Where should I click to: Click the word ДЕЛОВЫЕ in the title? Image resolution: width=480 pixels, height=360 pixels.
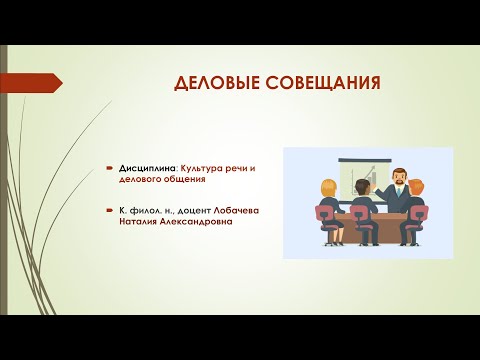pos(209,82)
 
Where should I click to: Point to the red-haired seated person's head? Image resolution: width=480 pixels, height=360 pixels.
pos(418,187)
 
